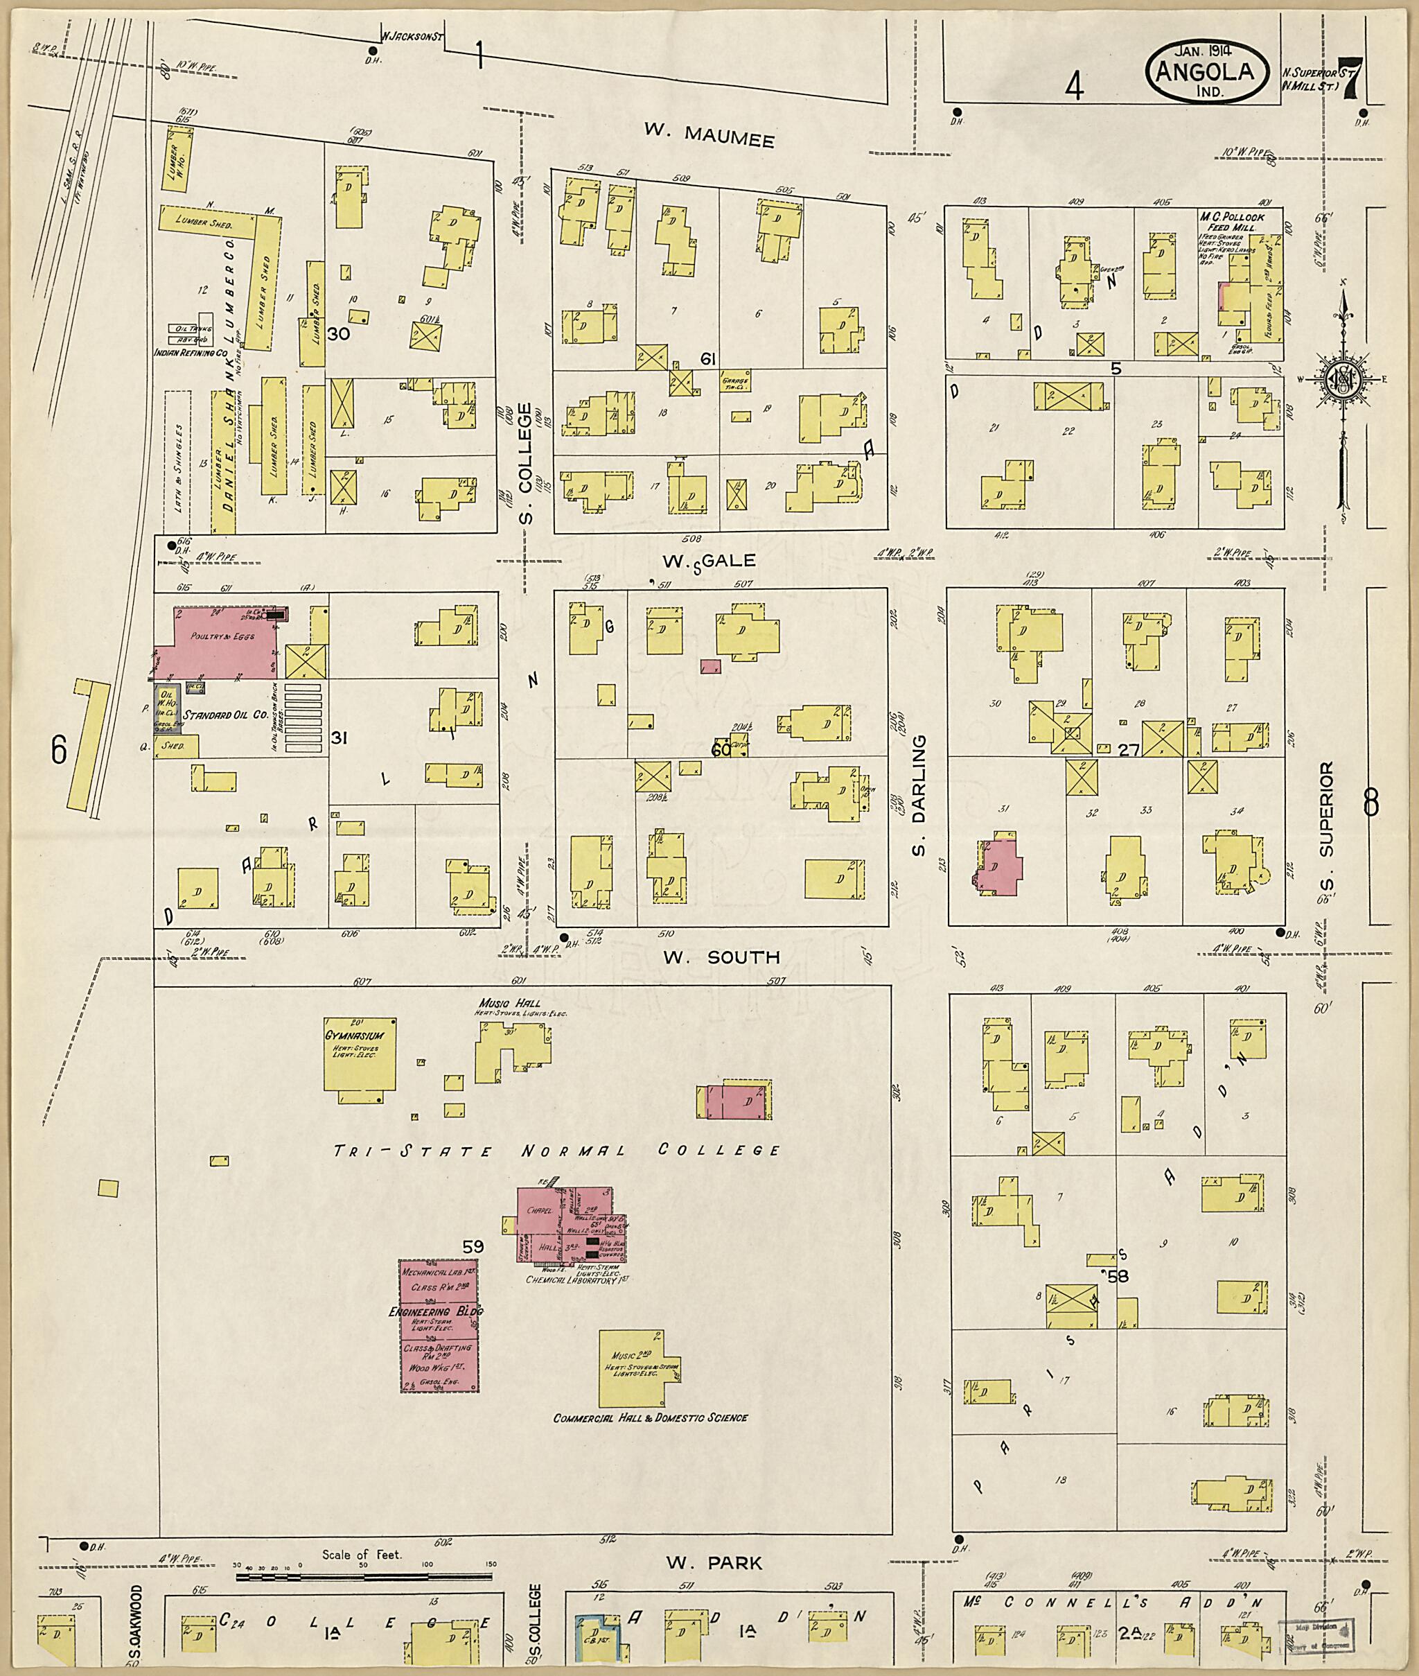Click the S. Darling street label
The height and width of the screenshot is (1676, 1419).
pyautogui.click(x=919, y=795)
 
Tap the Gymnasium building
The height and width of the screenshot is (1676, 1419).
pyautogui.click(x=360, y=1054)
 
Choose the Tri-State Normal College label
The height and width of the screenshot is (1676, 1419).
pyautogui.click(x=556, y=1151)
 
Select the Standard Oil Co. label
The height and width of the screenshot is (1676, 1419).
pyautogui.click(x=225, y=715)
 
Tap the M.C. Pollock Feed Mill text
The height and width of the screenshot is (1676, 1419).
pyautogui.click(x=1231, y=223)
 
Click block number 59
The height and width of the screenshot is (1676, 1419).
pyautogui.click(x=473, y=1246)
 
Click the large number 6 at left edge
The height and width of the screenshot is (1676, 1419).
pyautogui.click(x=59, y=750)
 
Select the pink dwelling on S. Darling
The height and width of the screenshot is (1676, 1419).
pyautogui.click(x=1000, y=866)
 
